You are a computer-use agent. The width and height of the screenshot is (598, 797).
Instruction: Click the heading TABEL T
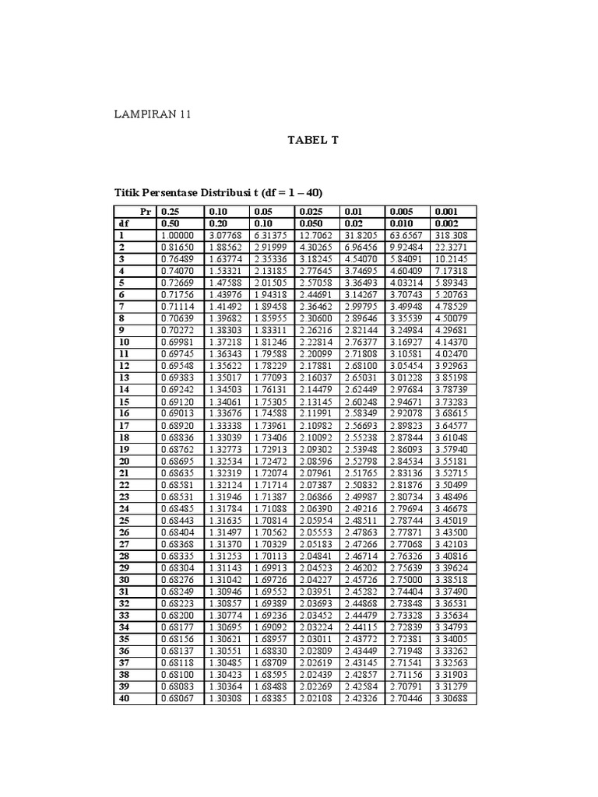[x=313, y=141]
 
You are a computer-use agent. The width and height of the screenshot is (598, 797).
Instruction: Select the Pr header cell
[x=145, y=211]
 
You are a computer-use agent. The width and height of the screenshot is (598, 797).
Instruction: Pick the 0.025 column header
[x=310, y=211]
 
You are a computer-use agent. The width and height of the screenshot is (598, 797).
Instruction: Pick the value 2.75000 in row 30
[x=408, y=579]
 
